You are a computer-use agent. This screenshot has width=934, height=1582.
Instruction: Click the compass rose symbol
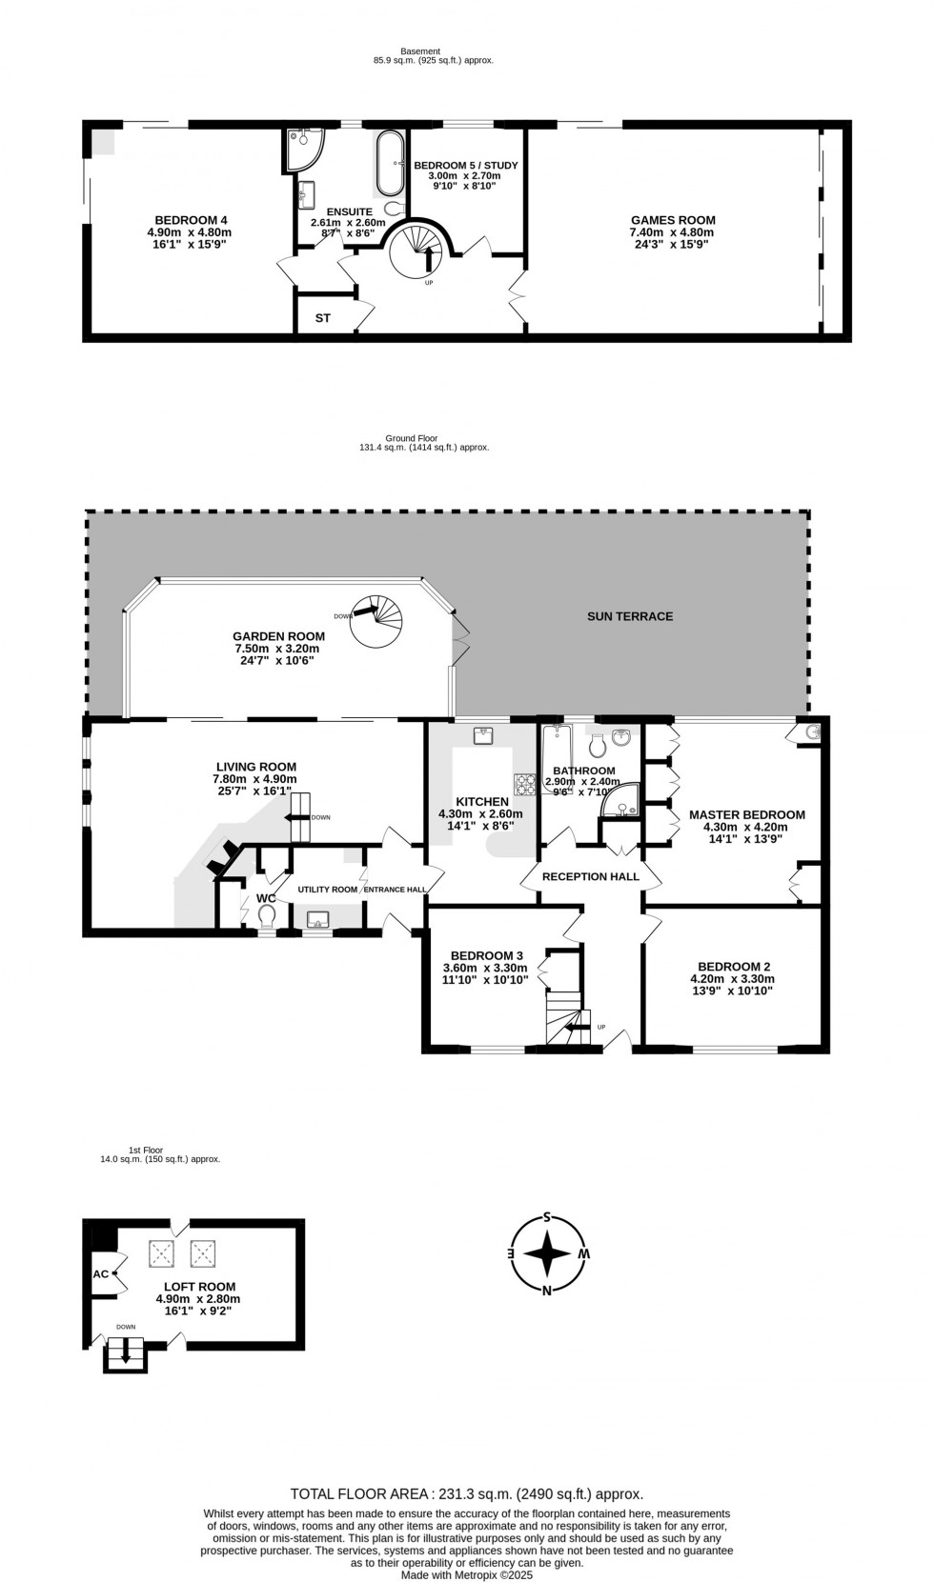pos(547,1253)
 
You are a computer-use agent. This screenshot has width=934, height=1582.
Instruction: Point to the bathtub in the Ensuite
pos(389,164)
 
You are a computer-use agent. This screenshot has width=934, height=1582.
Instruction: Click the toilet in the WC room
pos(266,916)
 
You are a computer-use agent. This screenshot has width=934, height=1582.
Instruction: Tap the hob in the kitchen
pos(523,784)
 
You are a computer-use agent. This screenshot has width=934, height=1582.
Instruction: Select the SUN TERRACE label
pos(630,616)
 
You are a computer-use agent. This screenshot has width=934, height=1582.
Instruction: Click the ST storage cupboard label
pos(323,318)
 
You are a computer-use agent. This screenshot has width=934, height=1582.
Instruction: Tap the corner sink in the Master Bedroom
pos(811,732)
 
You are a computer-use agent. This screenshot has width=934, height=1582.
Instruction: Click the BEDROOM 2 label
pos(733,966)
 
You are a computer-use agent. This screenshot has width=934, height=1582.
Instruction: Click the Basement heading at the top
pos(420,51)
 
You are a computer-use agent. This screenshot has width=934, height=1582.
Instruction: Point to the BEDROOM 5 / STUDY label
pos(466,165)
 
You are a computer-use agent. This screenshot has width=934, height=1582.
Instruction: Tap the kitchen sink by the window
pos(482,735)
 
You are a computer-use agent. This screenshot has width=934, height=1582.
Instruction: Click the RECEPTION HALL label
pos(590,876)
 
